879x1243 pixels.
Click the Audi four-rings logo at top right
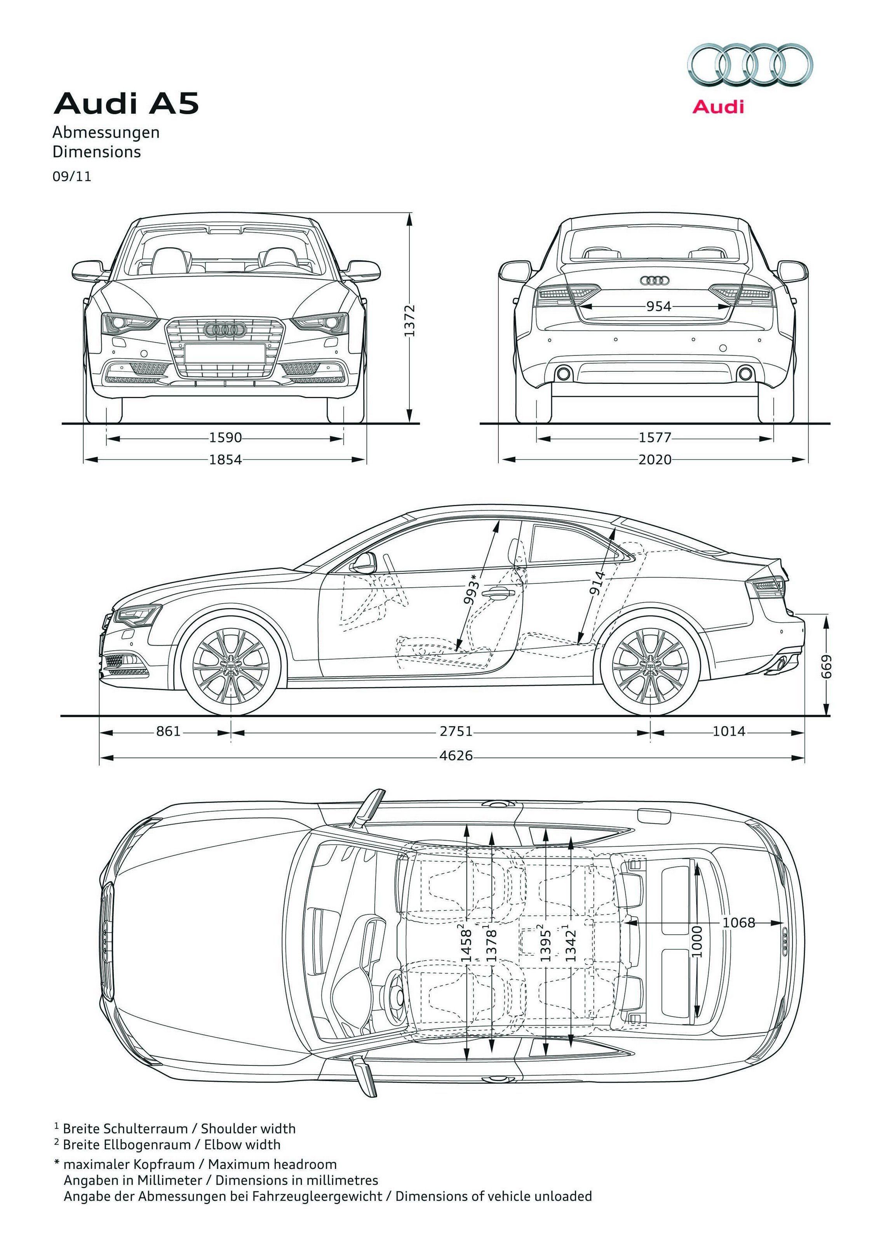pos(750,66)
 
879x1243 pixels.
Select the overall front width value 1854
pos(225,460)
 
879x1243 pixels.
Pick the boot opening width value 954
pos(659,306)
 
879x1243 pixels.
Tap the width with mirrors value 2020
pos(655,460)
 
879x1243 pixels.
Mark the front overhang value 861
pos(168,732)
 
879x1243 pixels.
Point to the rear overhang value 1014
pos(729,732)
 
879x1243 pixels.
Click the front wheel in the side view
pos(231,664)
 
